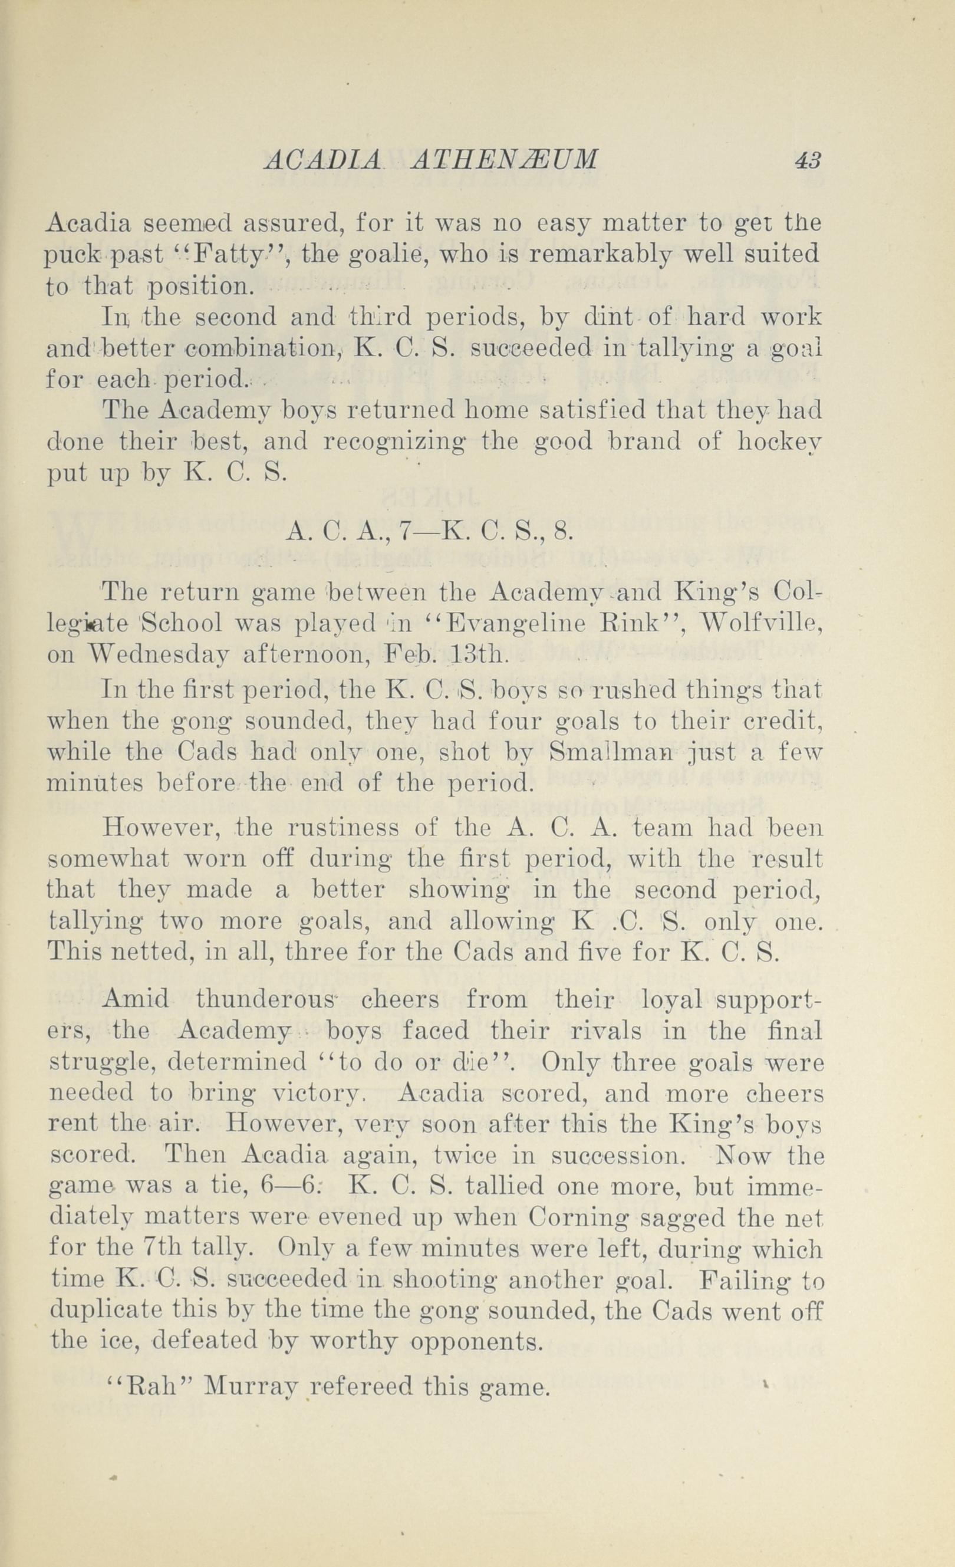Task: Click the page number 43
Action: tap(808, 159)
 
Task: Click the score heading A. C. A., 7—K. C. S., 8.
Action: tap(430, 531)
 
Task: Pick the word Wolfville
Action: tap(760, 624)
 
